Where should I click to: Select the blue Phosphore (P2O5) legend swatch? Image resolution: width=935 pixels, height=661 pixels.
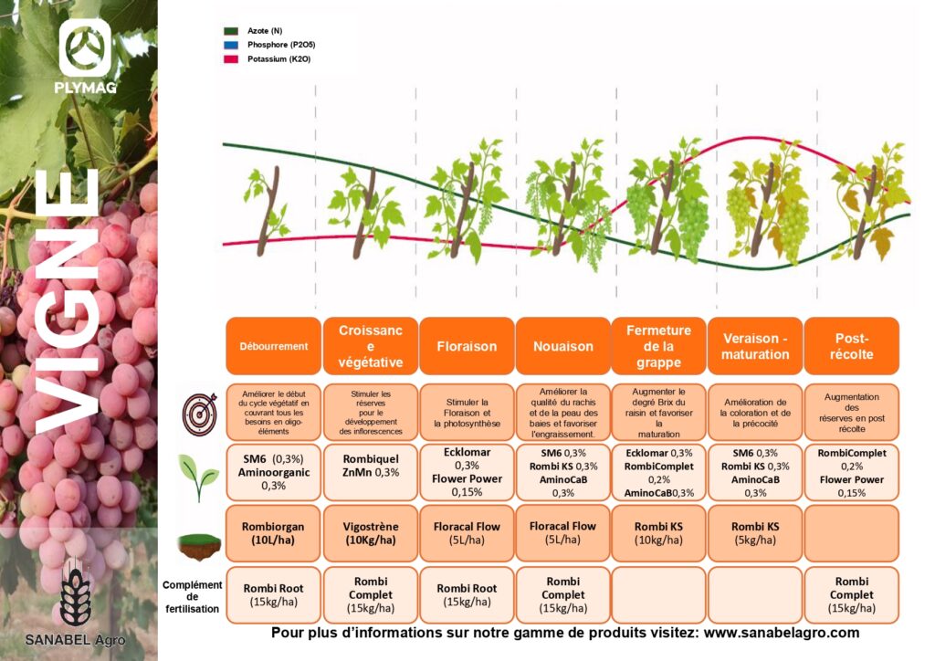coord(231,45)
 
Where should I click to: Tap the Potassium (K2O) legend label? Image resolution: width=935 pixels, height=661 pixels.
coord(279,59)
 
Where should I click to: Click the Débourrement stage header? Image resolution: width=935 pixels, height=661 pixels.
coord(274,346)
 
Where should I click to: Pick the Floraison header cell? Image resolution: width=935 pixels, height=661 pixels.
coord(467,346)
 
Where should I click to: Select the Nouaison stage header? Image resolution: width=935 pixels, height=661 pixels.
coord(562,346)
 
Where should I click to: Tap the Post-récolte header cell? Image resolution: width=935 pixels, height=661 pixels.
coord(852,346)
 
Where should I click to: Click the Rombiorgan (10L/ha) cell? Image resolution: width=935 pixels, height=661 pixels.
coord(274,533)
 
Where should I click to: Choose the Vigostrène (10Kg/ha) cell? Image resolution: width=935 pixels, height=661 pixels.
coord(371,533)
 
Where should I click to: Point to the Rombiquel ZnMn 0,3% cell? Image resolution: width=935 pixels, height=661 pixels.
coord(371,472)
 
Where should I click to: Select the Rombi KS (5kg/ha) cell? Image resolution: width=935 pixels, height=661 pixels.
coord(755,533)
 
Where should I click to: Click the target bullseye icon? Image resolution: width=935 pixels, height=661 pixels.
coord(200,413)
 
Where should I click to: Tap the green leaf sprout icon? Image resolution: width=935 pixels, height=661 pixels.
coord(198,477)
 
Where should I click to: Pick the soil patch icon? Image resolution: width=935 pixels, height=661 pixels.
coord(199,546)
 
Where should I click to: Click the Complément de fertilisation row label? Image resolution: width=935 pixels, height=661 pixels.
coord(192,596)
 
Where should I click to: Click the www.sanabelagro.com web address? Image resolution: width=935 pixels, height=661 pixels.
coord(782,633)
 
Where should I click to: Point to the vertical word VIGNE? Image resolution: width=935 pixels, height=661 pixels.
coord(68,301)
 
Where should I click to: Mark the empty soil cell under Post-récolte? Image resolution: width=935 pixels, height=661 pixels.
coord(852,533)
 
